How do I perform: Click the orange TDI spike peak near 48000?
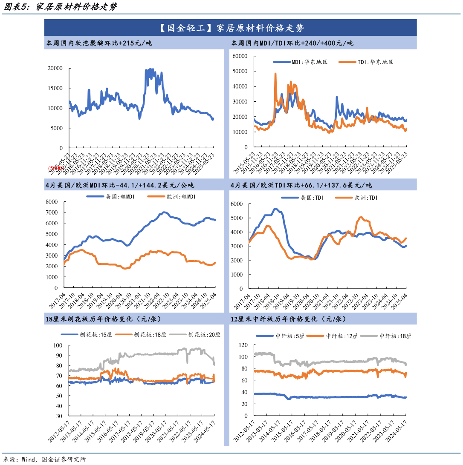[275, 74]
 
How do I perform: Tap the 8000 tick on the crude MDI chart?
[54, 201]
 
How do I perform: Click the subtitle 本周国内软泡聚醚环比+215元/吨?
[98, 43]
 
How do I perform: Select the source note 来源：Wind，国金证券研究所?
[44, 459]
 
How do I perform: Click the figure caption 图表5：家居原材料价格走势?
[59, 7]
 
